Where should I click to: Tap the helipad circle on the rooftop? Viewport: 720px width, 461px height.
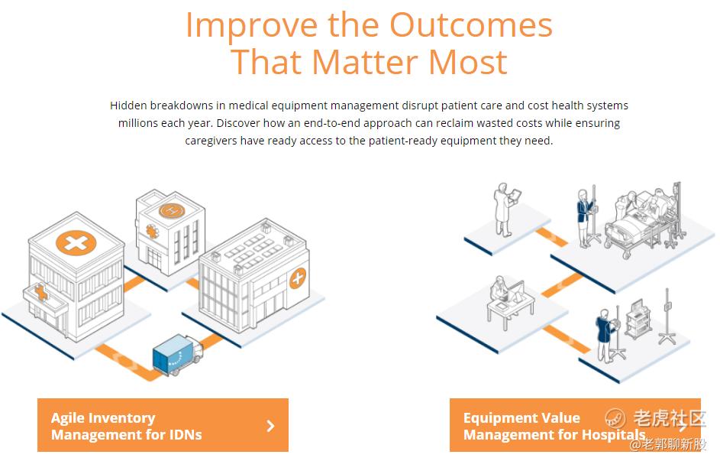[172, 210]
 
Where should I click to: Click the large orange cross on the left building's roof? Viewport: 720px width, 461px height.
[76, 242]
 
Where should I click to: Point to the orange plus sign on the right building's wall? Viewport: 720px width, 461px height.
[298, 278]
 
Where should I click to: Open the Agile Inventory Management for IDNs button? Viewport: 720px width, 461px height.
[163, 425]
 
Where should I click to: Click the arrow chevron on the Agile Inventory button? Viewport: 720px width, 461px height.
[271, 426]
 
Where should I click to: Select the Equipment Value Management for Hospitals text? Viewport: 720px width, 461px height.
[554, 426]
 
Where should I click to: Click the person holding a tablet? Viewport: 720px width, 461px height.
[505, 209]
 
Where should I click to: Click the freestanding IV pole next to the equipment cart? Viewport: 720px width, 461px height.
[667, 317]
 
